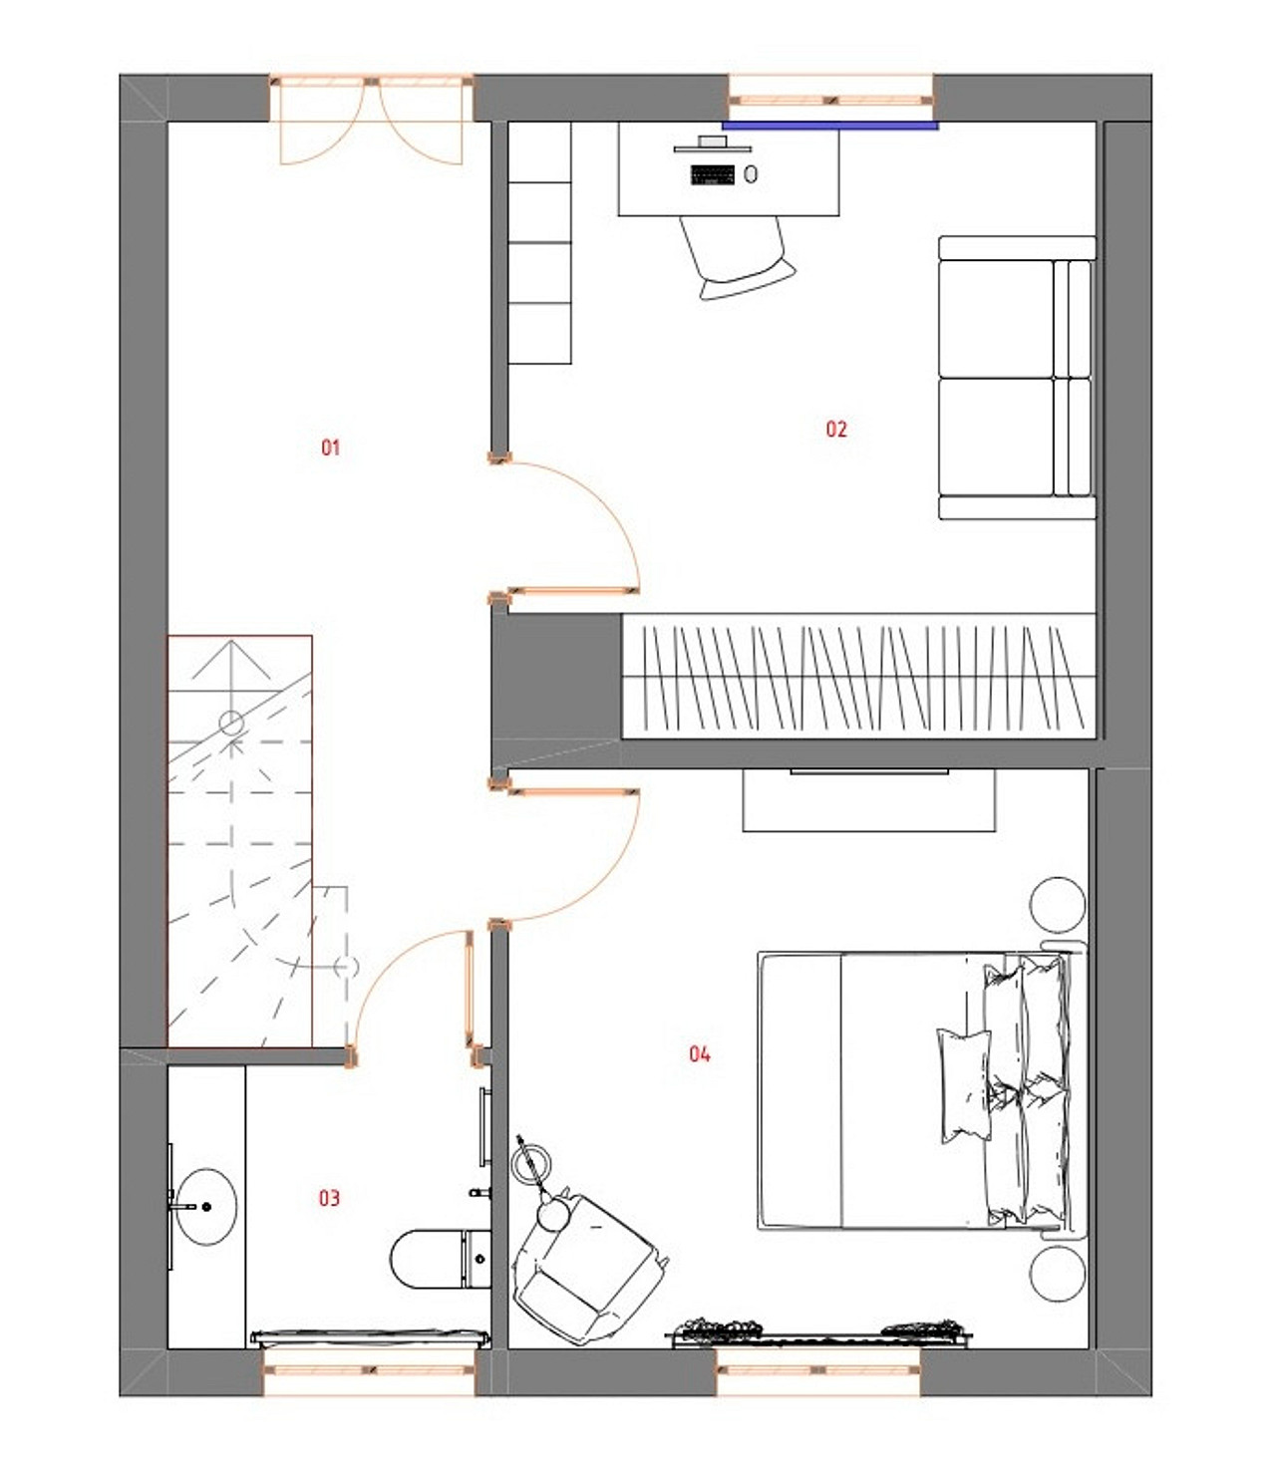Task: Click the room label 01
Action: point(330,448)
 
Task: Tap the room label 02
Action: point(836,430)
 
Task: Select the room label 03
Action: point(329,1198)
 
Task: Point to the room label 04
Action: point(700,1054)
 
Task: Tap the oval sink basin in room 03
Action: point(206,1207)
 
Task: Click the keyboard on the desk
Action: point(713,174)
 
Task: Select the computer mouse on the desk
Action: point(751,173)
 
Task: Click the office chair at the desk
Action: point(737,257)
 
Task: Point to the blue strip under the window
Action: point(830,126)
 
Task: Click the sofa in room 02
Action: point(1017,378)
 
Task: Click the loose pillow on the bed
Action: point(965,1085)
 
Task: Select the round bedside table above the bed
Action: point(1057,906)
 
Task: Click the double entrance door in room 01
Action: point(371,121)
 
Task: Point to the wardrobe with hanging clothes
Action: point(859,676)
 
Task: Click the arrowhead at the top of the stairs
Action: point(230,642)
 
